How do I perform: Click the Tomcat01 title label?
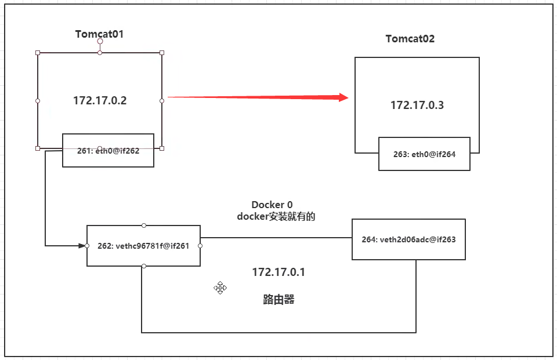click(99, 34)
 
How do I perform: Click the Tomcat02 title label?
click(410, 39)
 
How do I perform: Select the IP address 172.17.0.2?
click(100, 100)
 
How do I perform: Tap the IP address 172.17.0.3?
click(417, 105)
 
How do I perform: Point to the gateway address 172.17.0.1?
click(278, 272)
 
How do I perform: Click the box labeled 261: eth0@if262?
click(108, 151)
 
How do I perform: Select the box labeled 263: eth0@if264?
click(424, 154)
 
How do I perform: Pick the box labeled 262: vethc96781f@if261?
click(143, 246)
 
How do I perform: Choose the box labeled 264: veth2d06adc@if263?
click(408, 239)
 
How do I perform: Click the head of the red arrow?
click(343, 98)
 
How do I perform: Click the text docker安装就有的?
click(276, 216)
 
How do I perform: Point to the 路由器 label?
click(278, 300)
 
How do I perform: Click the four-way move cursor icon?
click(220, 288)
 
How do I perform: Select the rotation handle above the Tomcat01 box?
click(100, 42)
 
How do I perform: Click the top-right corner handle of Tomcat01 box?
click(162, 53)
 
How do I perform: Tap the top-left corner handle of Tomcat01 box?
click(38, 53)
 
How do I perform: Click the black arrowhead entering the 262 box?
click(82, 246)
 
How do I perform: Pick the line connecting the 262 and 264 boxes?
click(276, 238)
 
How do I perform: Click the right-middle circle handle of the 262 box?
click(200, 246)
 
